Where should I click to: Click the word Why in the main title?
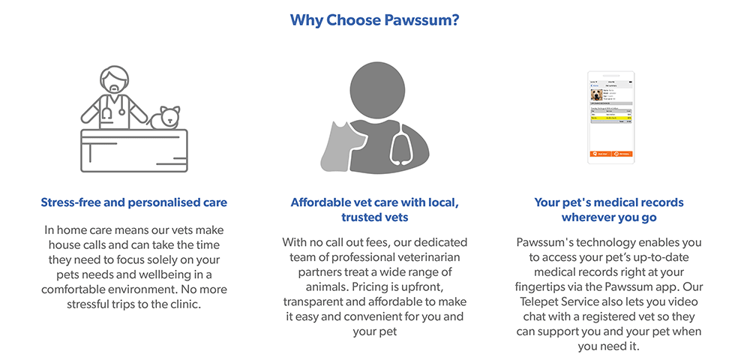pos(305,20)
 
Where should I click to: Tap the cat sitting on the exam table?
pos(166,117)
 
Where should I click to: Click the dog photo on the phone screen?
pos(597,95)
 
